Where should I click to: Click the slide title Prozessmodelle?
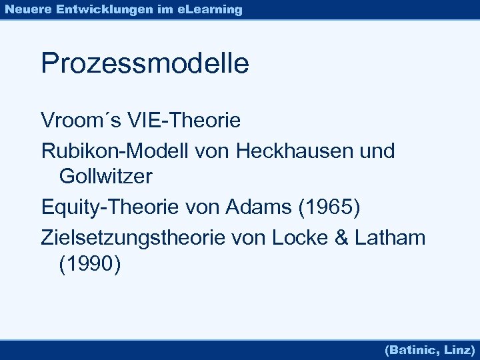point(145,64)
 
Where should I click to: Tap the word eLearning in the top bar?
point(211,9)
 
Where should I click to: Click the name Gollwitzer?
point(106,177)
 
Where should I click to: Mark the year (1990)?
point(90,264)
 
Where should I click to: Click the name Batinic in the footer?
point(412,349)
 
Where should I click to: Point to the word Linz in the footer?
point(459,349)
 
